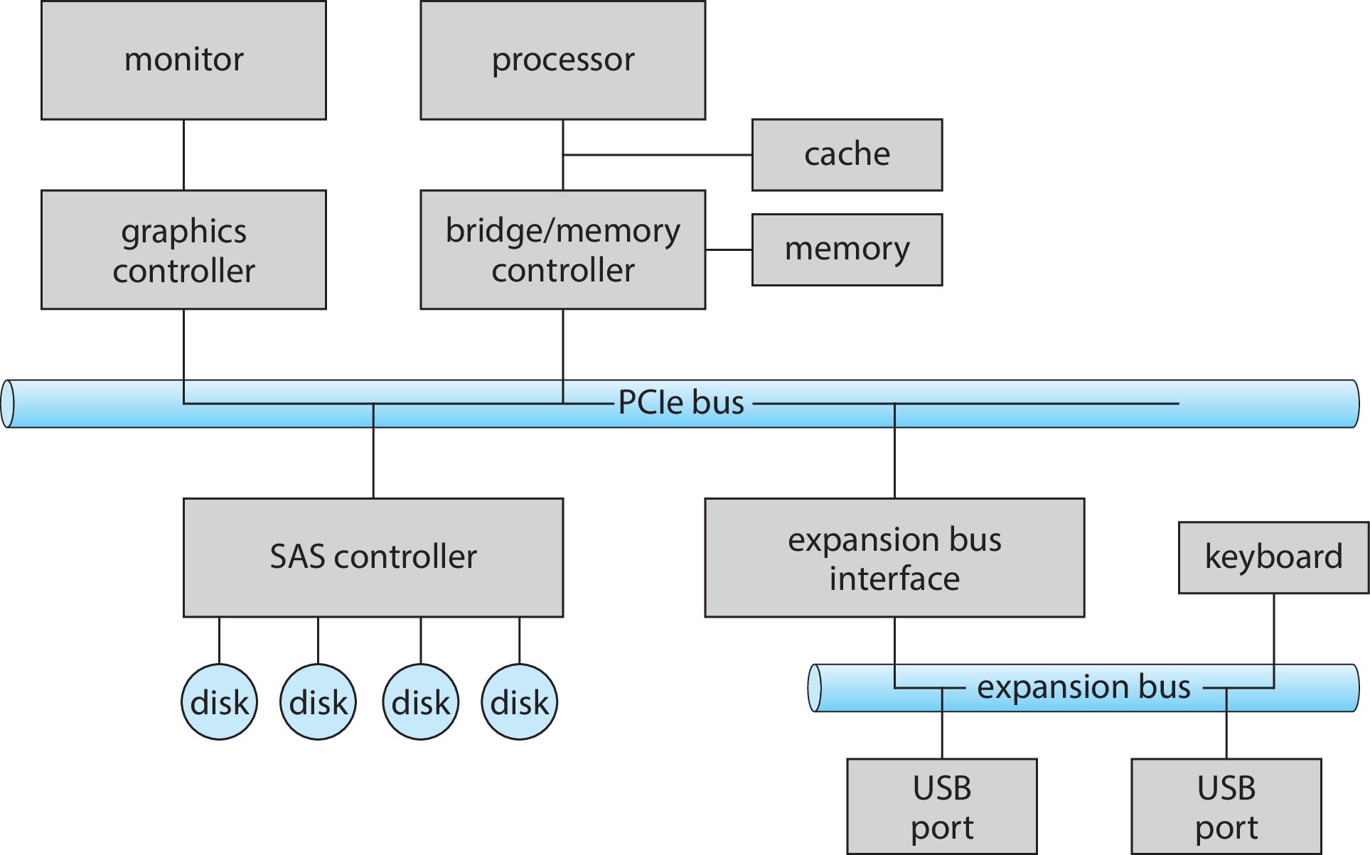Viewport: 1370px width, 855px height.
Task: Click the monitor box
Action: [x=183, y=60]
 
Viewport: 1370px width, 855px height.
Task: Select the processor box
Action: [x=562, y=60]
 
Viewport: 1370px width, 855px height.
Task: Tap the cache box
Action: [x=847, y=155]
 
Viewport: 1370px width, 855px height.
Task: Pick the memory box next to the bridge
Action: [x=847, y=249]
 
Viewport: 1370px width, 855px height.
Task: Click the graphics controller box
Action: [x=183, y=249]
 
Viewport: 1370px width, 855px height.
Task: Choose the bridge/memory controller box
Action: [x=562, y=249]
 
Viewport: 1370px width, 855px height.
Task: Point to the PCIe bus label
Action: [x=681, y=403]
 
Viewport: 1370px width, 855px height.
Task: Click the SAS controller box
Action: [x=373, y=557]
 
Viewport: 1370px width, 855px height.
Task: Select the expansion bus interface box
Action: [x=894, y=557]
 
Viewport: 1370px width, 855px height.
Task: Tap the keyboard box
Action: [x=1273, y=557]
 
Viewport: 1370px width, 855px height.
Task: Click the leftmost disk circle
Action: [x=219, y=702]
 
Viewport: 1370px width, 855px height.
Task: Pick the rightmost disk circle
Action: [x=519, y=702]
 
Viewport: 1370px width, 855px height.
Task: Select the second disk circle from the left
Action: [x=318, y=702]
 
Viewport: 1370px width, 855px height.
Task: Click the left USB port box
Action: [x=942, y=807]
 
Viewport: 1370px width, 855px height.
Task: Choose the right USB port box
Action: [x=1226, y=807]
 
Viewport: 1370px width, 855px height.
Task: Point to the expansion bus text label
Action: [x=1083, y=687]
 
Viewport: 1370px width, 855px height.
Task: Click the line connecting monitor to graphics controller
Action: [x=184, y=155]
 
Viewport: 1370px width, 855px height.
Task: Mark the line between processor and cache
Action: [x=658, y=155]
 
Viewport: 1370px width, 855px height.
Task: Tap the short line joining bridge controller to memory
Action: [x=729, y=250]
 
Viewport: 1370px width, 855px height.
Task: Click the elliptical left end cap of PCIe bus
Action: [x=8, y=404]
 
